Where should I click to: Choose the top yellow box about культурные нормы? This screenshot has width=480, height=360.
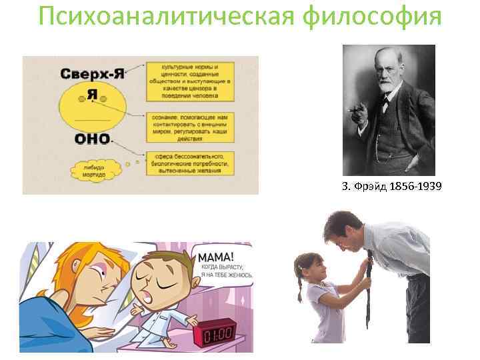pyautogui.click(x=187, y=80)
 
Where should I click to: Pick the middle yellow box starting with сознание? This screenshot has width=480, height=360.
pyautogui.click(x=187, y=126)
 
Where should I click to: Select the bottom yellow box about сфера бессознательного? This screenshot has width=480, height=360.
pyautogui.click(x=187, y=164)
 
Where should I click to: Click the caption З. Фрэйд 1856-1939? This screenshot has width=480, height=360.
pyautogui.click(x=391, y=186)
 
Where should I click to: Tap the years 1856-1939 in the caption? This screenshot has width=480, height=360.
pyautogui.click(x=415, y=186)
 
